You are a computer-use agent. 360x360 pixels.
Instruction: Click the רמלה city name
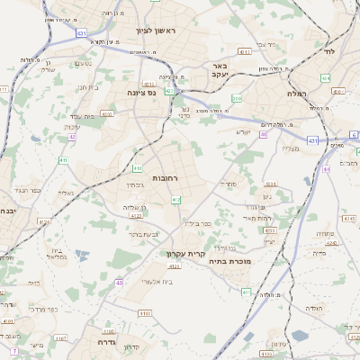[297, 94]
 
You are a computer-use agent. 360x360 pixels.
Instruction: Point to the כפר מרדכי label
[43, 310]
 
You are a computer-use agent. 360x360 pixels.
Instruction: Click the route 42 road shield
[72, 137]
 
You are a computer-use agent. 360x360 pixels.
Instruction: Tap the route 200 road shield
[237, 98]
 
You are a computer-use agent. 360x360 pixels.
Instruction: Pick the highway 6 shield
[354, 135]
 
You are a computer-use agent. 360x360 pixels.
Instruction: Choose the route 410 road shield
[137, 167]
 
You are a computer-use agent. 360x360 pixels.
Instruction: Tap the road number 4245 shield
[330, 242]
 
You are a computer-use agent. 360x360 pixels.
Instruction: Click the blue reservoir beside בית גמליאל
[83, 256]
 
